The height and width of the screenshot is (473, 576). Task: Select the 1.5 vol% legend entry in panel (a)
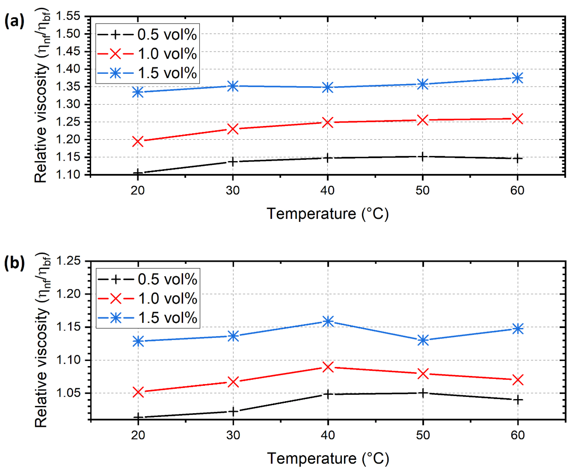point(147,73)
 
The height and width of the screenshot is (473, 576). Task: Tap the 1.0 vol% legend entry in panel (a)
point(147,54)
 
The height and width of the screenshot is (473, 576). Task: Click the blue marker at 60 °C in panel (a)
point(517,78)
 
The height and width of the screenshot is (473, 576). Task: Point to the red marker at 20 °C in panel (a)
point(138,142)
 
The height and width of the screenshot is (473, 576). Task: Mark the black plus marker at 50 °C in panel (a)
point(422,157)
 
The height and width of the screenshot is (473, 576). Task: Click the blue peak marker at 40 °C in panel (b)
point(328,321)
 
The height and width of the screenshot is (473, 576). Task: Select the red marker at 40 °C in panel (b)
point(328,367)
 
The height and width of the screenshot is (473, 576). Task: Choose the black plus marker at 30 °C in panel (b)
point(233,412)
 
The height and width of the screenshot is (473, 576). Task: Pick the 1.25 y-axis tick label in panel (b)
point(68,261)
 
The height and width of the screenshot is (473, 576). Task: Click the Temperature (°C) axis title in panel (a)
point(327,214)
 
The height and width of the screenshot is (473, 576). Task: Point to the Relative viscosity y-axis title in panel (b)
point(41,341)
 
